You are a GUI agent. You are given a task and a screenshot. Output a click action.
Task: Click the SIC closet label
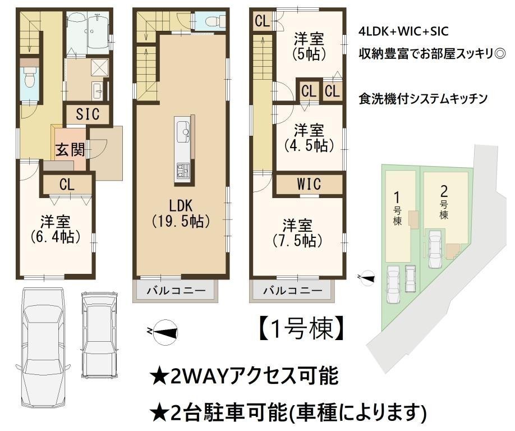pos(88,114)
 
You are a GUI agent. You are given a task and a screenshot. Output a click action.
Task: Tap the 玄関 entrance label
pos(70,150)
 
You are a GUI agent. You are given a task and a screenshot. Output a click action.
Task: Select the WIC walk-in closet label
pos(309,184)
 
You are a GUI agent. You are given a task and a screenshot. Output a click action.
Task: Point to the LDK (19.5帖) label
pos(181,214)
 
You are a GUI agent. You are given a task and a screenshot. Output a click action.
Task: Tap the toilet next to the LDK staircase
pos(215,21)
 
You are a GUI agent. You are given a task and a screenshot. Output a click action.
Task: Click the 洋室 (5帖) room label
pos(309,47)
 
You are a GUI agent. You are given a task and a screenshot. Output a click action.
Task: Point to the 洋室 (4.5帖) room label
pos(309,137)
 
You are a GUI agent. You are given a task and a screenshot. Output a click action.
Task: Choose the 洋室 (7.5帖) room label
pos(297,233)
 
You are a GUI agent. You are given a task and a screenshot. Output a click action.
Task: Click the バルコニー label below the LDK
pos(176,290)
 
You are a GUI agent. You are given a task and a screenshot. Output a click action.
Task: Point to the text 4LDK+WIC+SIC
pos(404,31)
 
